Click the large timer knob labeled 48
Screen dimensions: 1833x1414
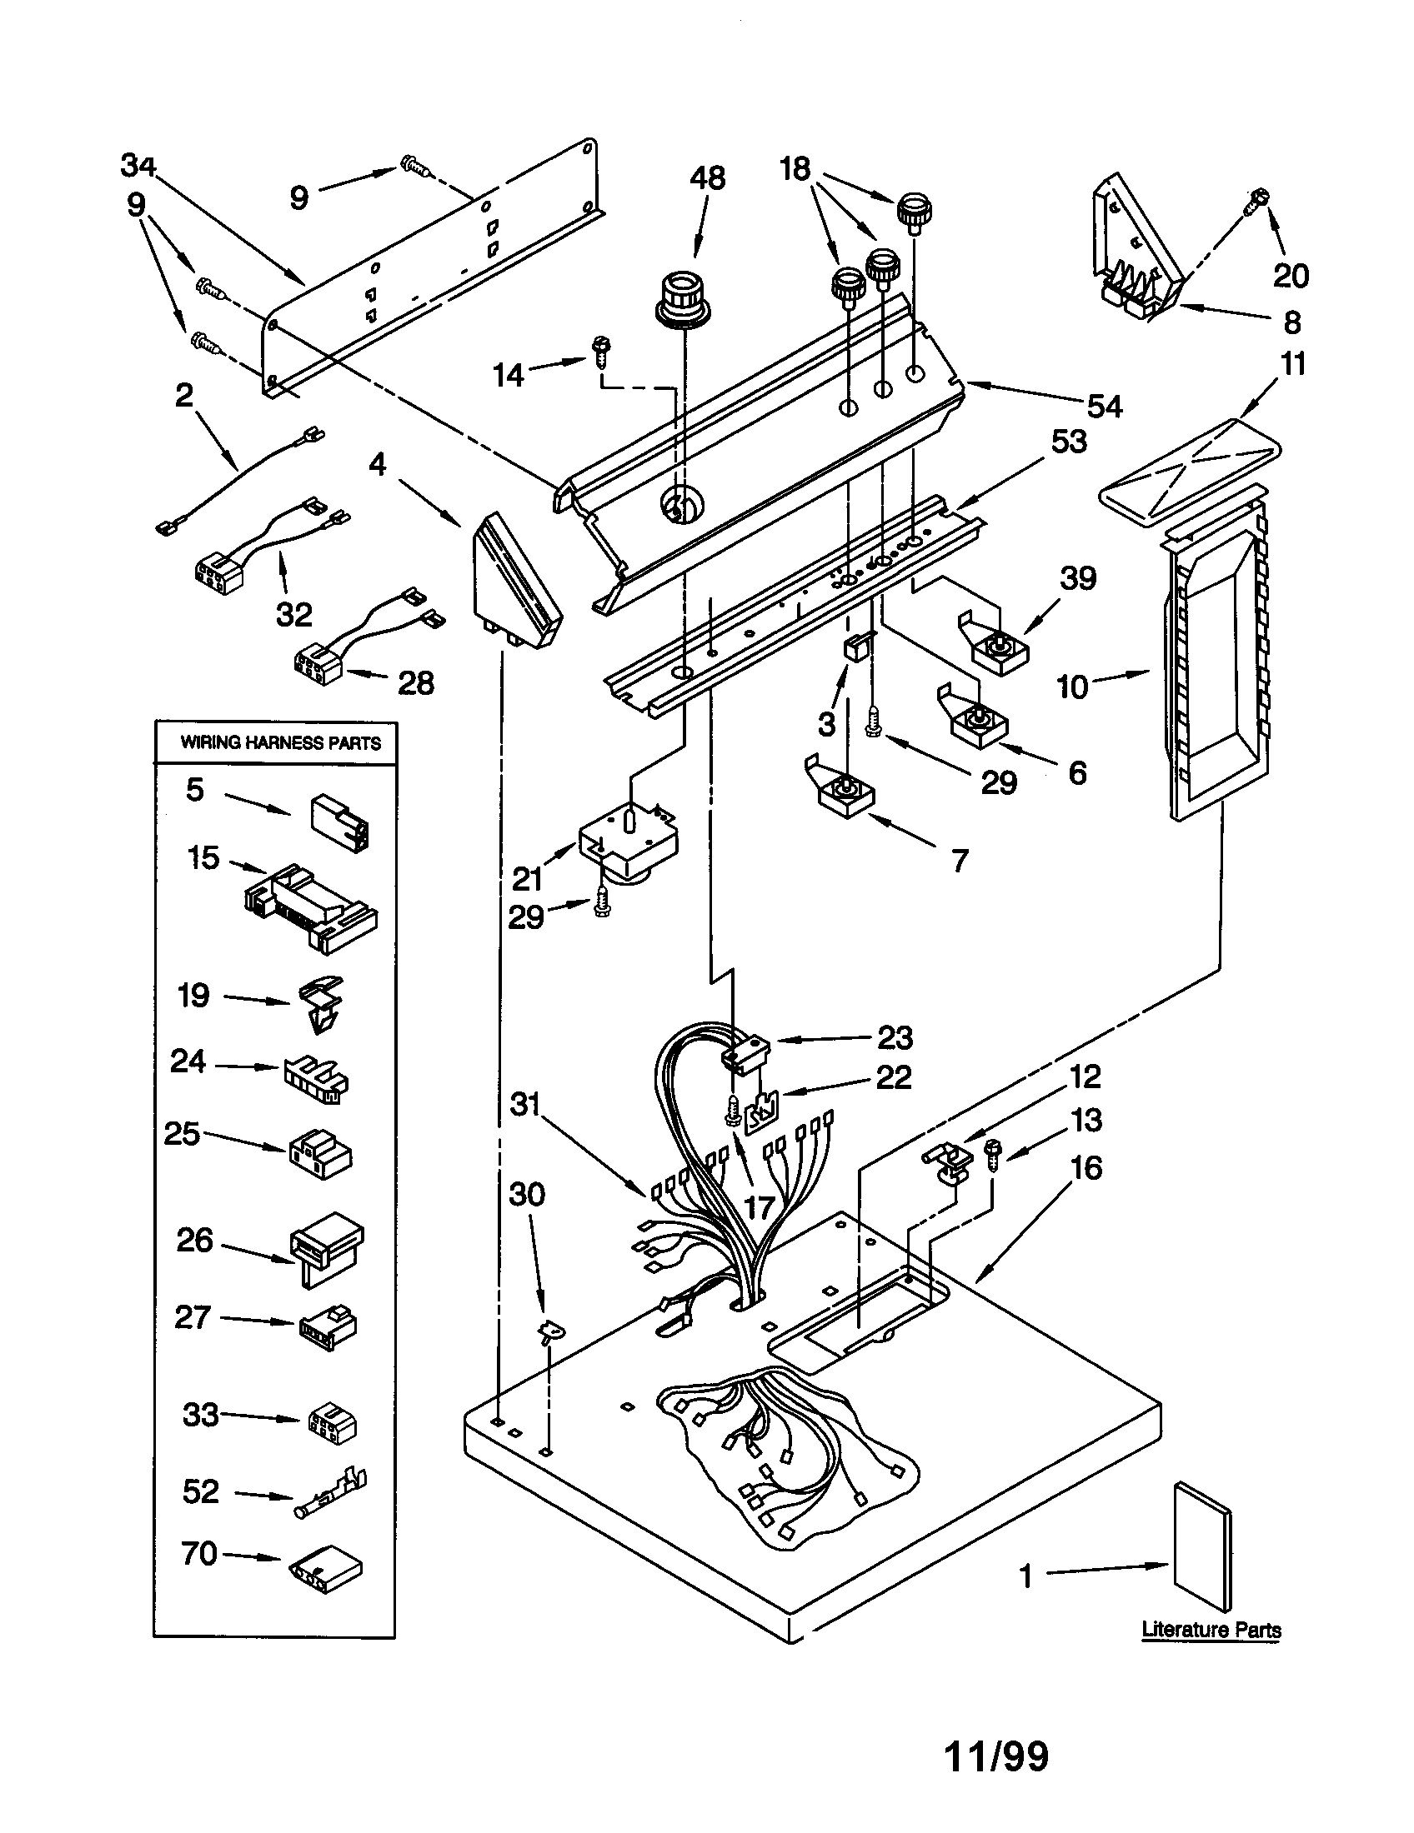tap(682, 299)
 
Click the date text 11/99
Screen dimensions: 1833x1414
tap(996, 1756)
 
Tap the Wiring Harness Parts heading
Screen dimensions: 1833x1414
tap(280, 742)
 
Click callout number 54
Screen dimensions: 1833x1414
tap(1105, 407)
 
